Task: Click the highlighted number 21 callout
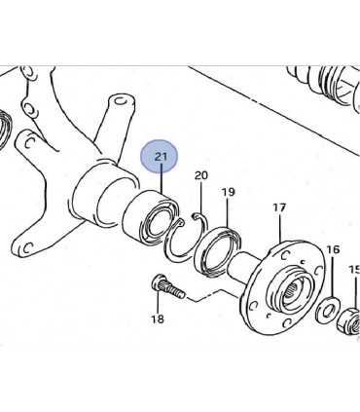160,157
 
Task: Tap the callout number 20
200,175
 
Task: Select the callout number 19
228,192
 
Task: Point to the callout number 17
279,207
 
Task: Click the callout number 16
333,249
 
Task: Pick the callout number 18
158,319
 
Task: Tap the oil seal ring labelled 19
220,250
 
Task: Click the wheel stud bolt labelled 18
167,286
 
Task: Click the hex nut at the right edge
349,321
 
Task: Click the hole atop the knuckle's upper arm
121,101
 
